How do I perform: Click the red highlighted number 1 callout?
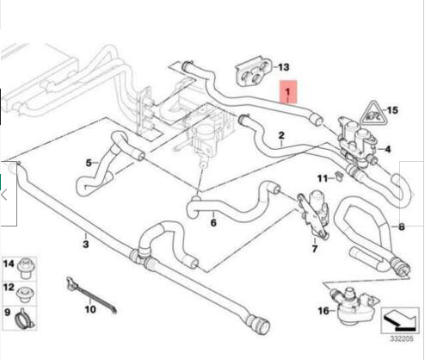tap(288, 92)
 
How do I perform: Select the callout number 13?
tap(283, 67)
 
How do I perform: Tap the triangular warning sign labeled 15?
tap(373, 113)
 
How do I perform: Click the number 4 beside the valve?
tap(388, 149)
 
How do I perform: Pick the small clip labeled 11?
tap(339, 177)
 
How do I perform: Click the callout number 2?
tap(281, 135)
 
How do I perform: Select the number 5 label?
tap(89, 163)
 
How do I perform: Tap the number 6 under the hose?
tap(213, 223)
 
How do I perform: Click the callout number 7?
tap(315, 249)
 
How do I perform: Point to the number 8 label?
tap(402, 227)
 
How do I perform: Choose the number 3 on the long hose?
tap(86, 245)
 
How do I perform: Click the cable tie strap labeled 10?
tap(91, 295)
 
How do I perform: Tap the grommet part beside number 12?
tap(26, 294)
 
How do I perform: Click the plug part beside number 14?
tap(26, 269)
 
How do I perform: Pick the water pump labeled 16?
tap(354, 307)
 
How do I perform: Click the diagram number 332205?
tap(402, 339)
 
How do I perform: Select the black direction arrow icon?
tap(399, 320)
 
